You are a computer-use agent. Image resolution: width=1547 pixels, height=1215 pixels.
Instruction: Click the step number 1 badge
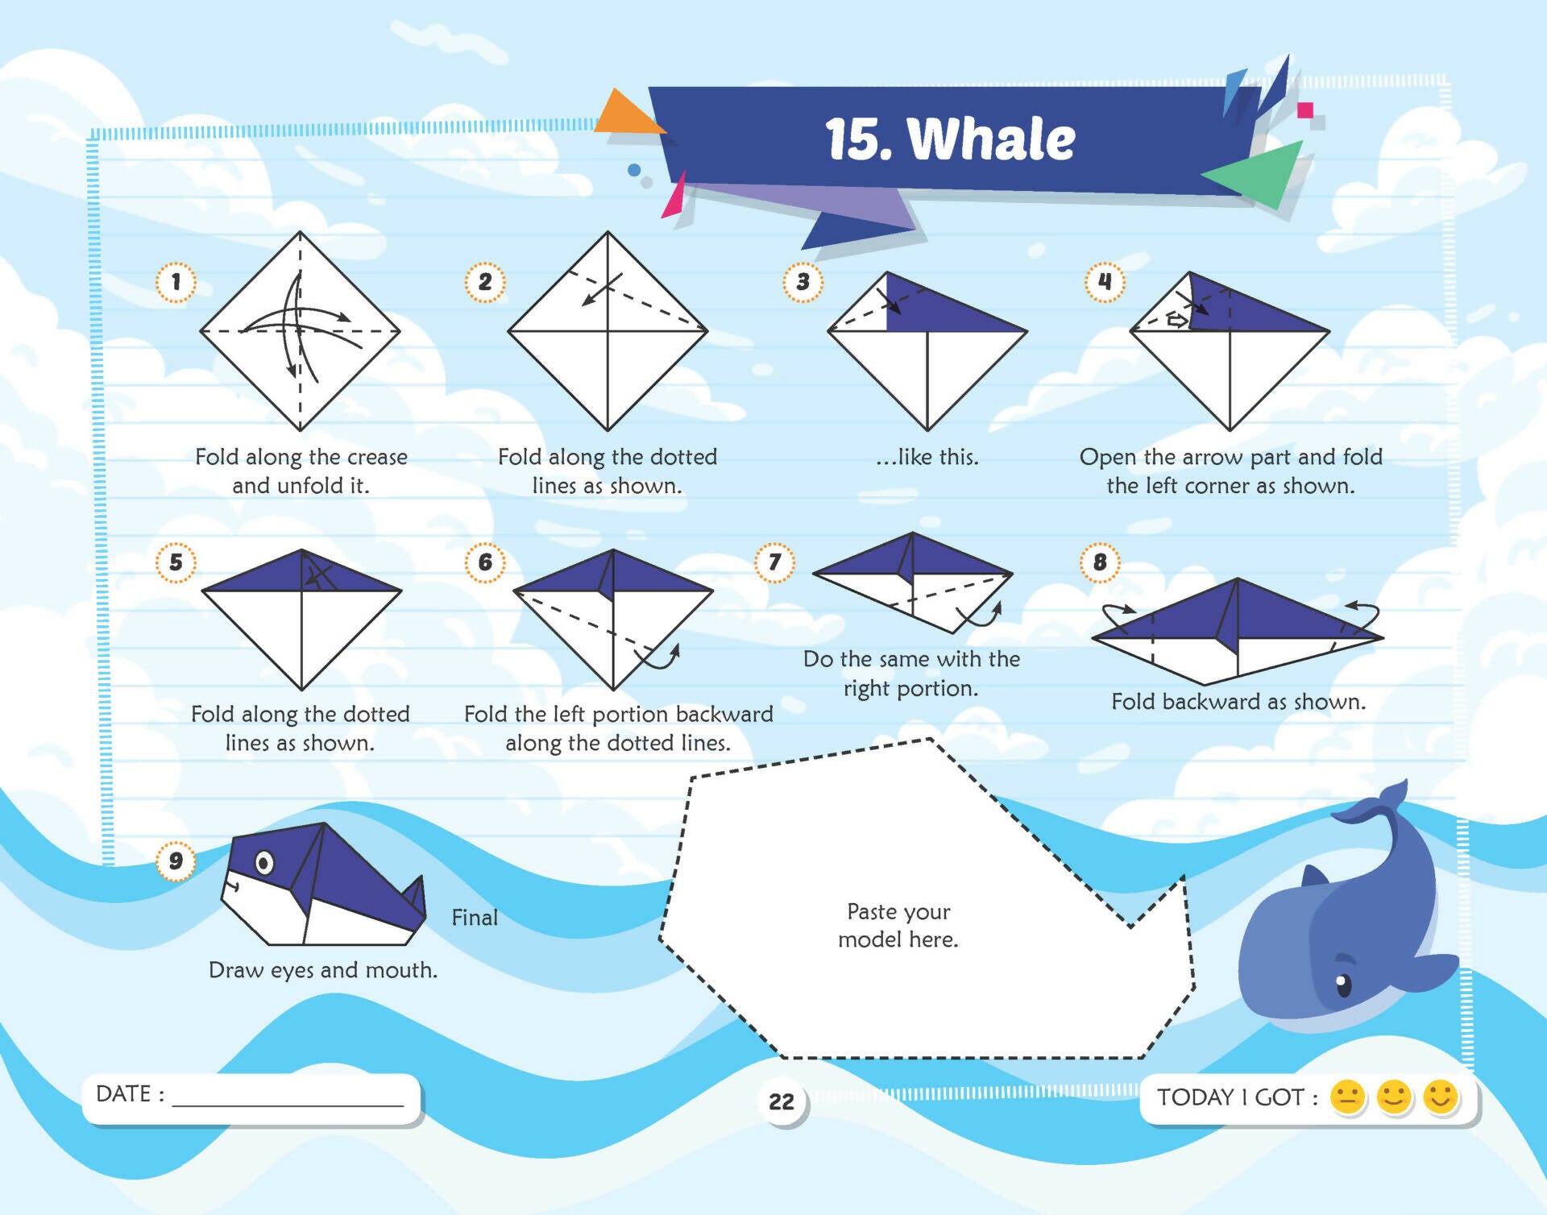(176, 282)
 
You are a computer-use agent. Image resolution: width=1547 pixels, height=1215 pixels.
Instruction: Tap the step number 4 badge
(1105, 282)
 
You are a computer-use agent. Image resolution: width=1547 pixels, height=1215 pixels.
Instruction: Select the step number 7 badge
(775, 562)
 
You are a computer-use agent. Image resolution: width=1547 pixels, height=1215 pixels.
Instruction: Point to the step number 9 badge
(176, 860)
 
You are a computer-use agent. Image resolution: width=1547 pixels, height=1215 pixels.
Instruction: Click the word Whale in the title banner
(992, 139)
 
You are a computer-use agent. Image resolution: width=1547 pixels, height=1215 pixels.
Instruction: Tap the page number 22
(782, 1101)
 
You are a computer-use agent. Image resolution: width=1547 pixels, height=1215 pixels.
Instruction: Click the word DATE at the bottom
(123, 1093)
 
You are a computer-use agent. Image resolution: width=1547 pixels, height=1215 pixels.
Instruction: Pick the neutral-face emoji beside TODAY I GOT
(1347, 1097)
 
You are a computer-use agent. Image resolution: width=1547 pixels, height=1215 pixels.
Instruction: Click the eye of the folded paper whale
(264, 864)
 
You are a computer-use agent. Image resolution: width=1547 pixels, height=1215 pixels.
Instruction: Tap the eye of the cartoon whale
(1342, 984)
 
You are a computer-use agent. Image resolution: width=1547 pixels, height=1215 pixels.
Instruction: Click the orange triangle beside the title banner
(628, 113)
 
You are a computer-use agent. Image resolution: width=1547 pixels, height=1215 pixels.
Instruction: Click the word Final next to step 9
(475, 918)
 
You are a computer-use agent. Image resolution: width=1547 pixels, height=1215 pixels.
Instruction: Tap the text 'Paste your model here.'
(898, 925)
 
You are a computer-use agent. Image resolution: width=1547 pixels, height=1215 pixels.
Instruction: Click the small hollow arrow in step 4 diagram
(1177, 321)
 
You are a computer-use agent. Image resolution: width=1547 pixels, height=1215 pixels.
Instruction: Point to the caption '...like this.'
(927, 457)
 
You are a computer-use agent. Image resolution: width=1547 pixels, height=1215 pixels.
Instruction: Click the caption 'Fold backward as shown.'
(1238, 702)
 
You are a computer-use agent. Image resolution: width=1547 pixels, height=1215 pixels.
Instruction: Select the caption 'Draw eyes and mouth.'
(323, 970)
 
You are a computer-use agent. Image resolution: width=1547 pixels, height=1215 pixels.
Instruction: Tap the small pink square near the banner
(1305, 110)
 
